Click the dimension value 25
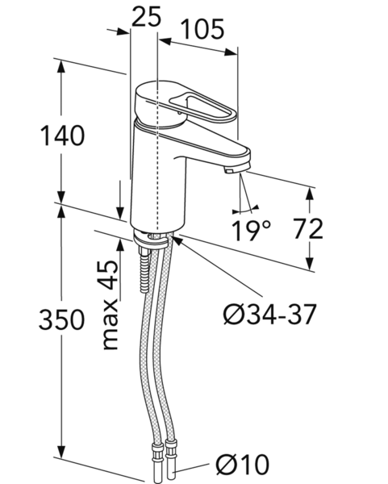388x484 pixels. click(x=146, y=16)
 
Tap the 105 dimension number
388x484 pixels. click(x=202, y=29)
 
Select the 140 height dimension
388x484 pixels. click(x=62, y=136)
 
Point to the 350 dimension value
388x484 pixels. click(x=61, y=319)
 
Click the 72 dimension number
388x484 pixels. click(x=308, y=229)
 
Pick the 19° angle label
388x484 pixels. click(x=251, y=230)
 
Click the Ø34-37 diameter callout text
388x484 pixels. click(x=270, y=315)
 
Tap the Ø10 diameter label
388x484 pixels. click(x=243, y=465)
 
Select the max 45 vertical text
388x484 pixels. click(x=111, y=305)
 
